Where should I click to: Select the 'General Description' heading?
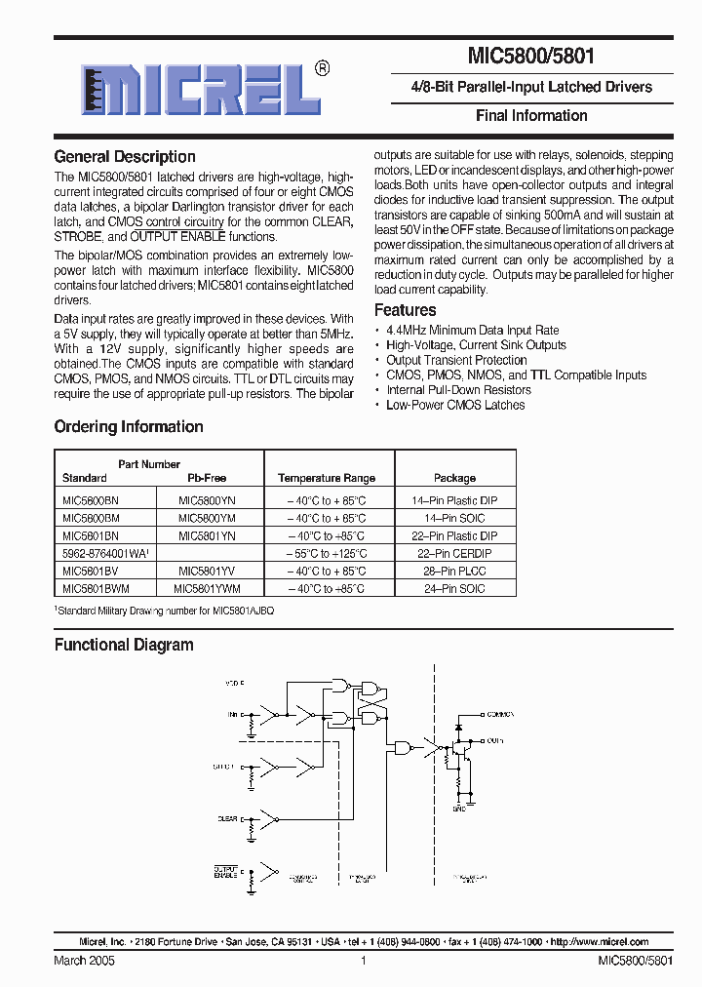pyautogui.click(x=125, y=157)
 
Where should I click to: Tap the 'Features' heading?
pyautogui.click(x=405, y=310)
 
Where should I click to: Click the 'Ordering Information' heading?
pyautogui.click(x=129, y=427)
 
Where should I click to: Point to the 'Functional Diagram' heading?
pyautogui.click(x=124, y=645)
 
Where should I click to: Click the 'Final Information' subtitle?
pyautogui.click(x=531, y=115)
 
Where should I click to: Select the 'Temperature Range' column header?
pyautogui.click(x=326, y=478)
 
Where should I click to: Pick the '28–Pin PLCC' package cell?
pyautogui.click(x=454, y=571)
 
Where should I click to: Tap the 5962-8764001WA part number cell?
pyautogui.click(x=104, y=553)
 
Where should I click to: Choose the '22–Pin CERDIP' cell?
pyautogui.click(x=454, y=553)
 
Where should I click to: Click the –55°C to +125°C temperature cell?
pyautogui.click(x=326, y=553)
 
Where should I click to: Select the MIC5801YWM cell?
pyautogui.click(x=207, y=588)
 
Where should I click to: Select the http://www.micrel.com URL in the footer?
pyautogui.click(x=599, y=942)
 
